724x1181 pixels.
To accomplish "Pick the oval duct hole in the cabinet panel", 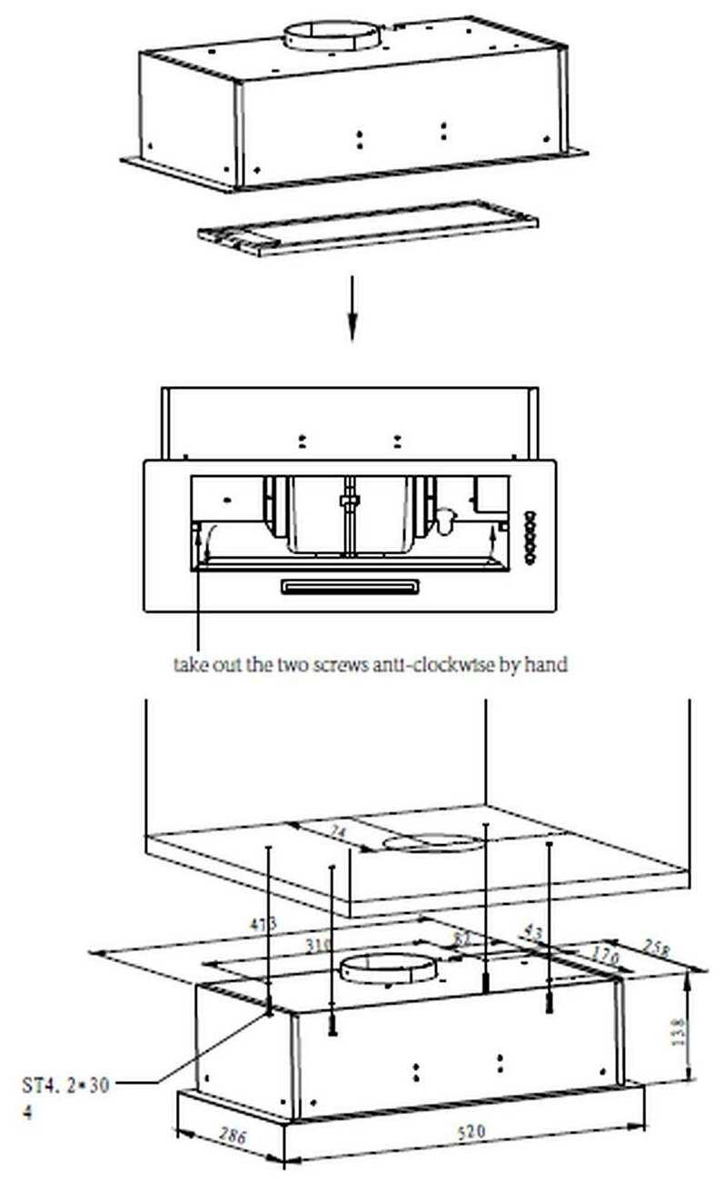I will pos(431,845).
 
